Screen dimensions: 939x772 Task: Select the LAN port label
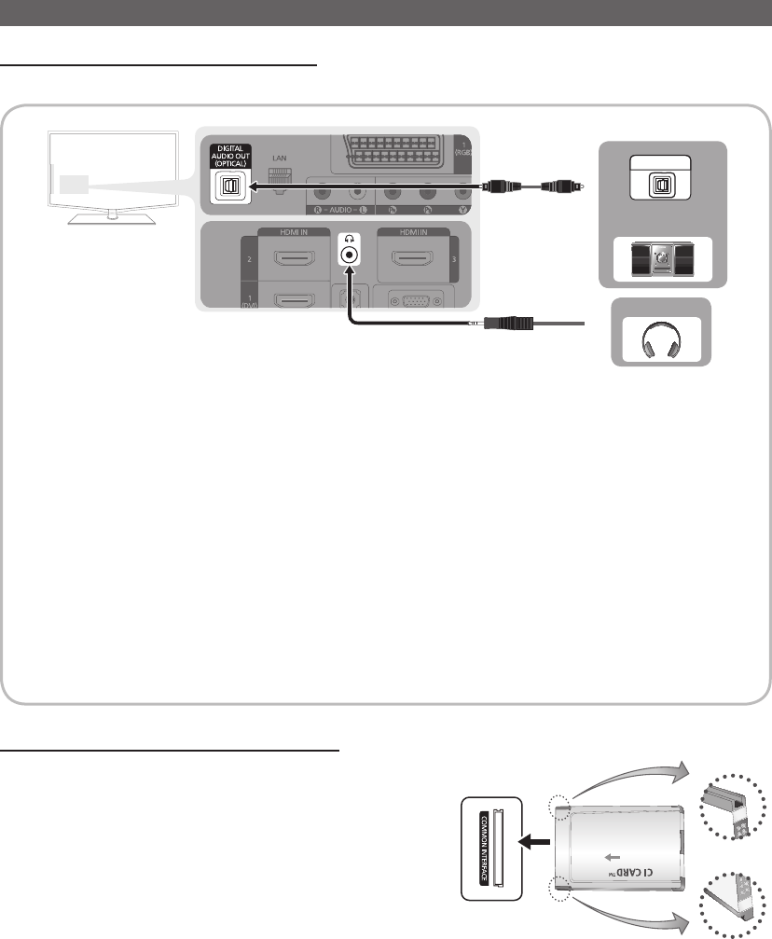point(280,158)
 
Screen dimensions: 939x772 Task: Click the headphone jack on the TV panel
point(349,255)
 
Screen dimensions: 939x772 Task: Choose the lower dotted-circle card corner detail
point(737,904)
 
